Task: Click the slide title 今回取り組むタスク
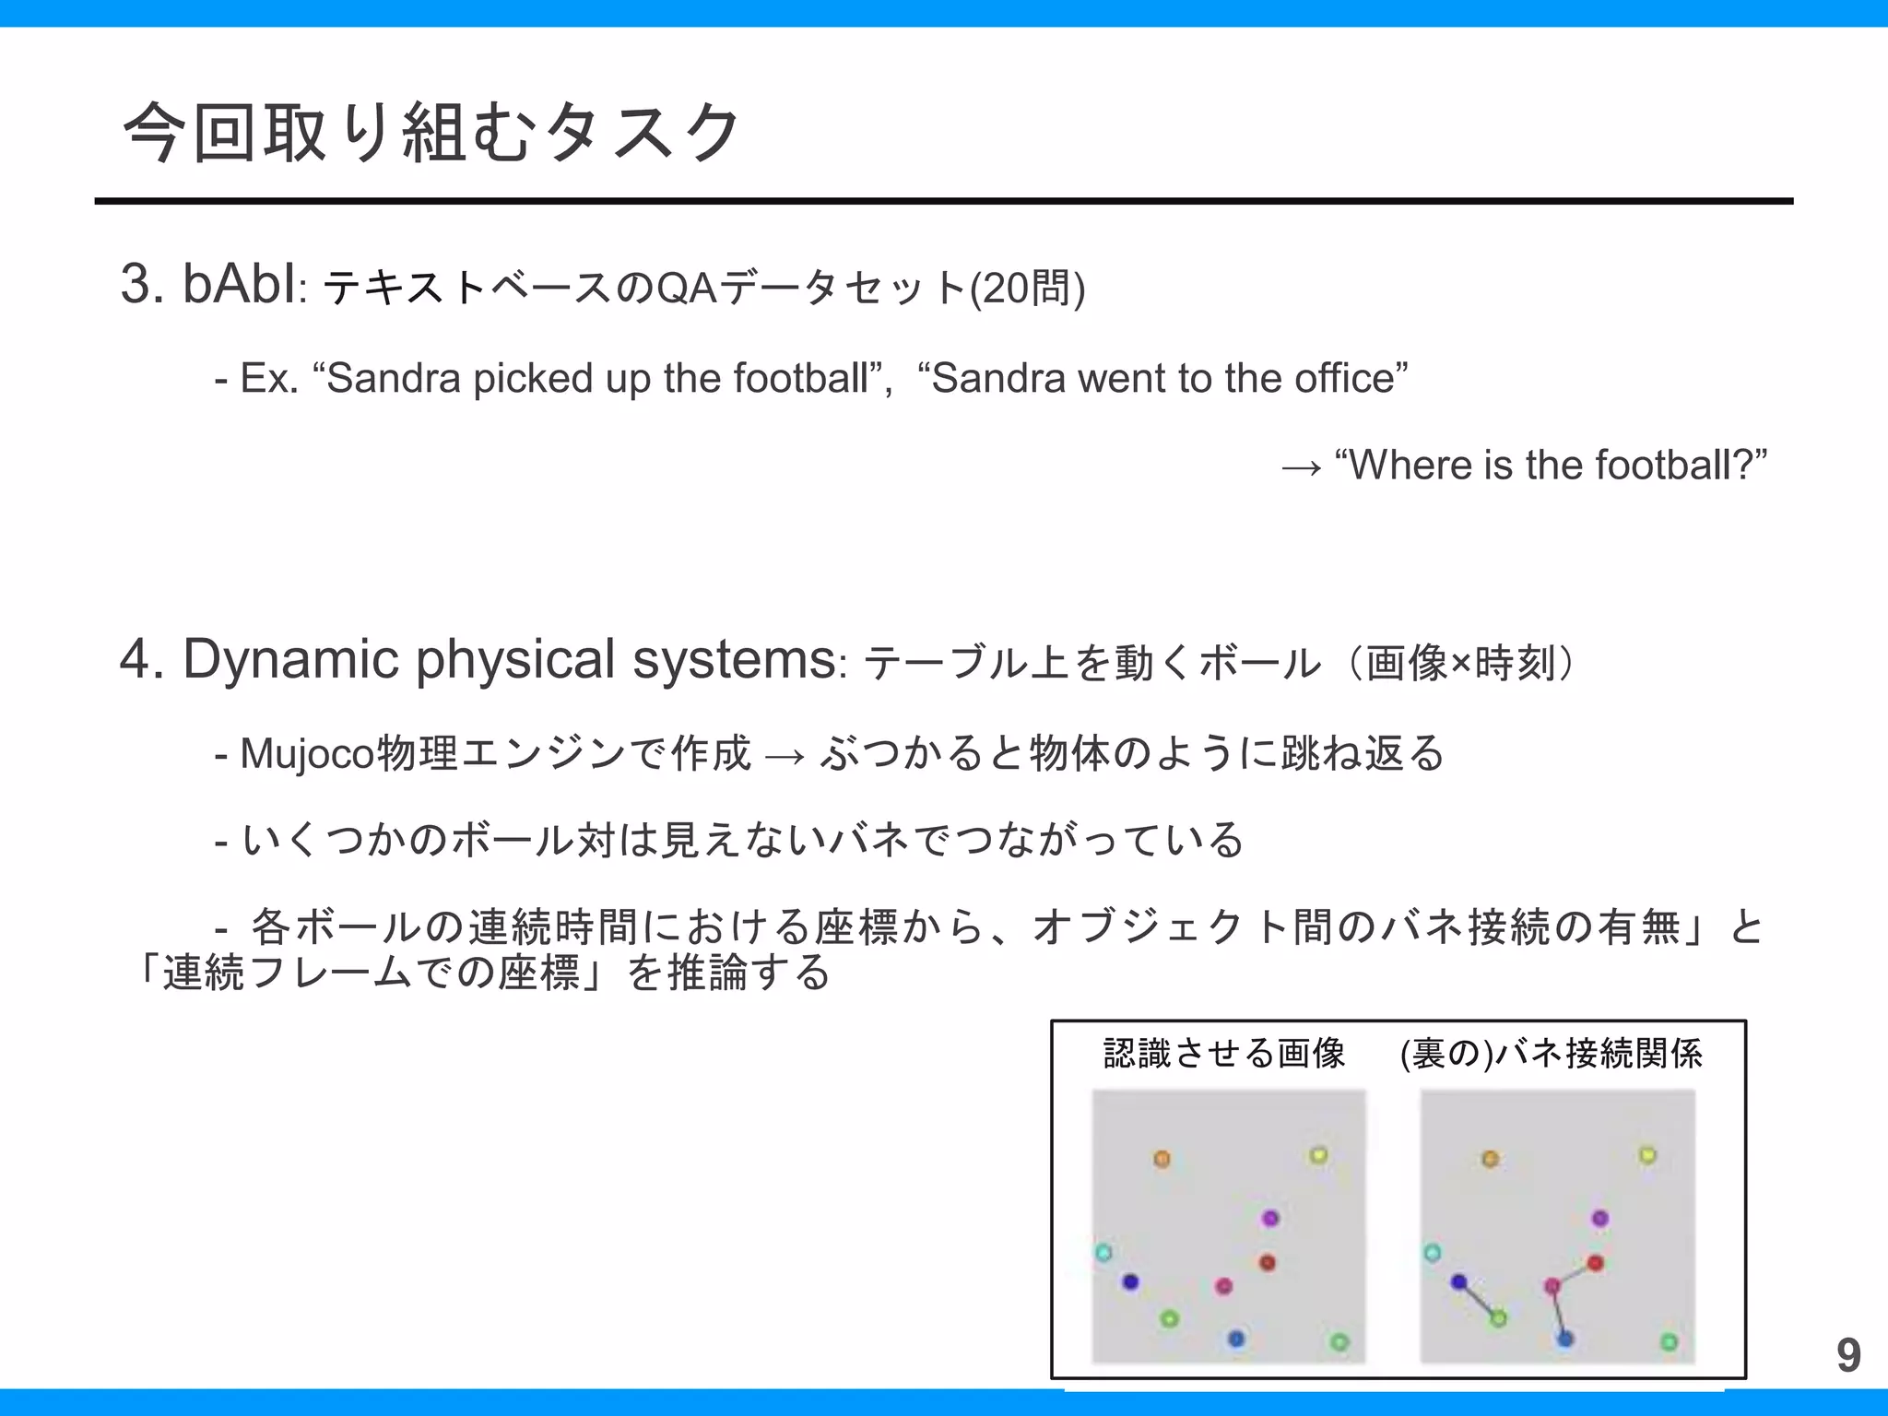(431, 132)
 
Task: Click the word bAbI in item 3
(240, 284)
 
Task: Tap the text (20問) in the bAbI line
(1027, 289)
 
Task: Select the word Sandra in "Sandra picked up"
(394, 378)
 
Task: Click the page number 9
(1847, 1355)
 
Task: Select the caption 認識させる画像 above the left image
(1224, 1053)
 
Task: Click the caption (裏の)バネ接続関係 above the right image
(1551, 1053)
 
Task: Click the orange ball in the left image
(1162, 1159)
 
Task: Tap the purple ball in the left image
(1270, 1219)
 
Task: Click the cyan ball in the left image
(1103, 1253)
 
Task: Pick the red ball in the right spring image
(1596, 1263)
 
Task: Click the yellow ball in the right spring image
(1647, 1155)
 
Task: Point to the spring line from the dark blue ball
(1479, 1300)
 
